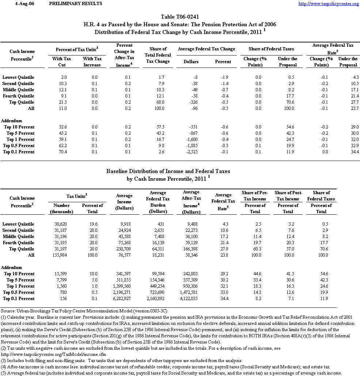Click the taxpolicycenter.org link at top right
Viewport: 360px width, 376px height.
click(x=329, y=4)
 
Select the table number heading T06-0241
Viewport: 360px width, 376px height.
click(x=180, y=17)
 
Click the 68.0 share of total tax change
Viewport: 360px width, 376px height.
click(x=160, y=102)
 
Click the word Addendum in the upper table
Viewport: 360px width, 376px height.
click(x=12, y=121)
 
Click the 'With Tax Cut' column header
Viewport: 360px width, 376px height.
click(x=62, y=62)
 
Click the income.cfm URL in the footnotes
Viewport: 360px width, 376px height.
click(x=52, y=354)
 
